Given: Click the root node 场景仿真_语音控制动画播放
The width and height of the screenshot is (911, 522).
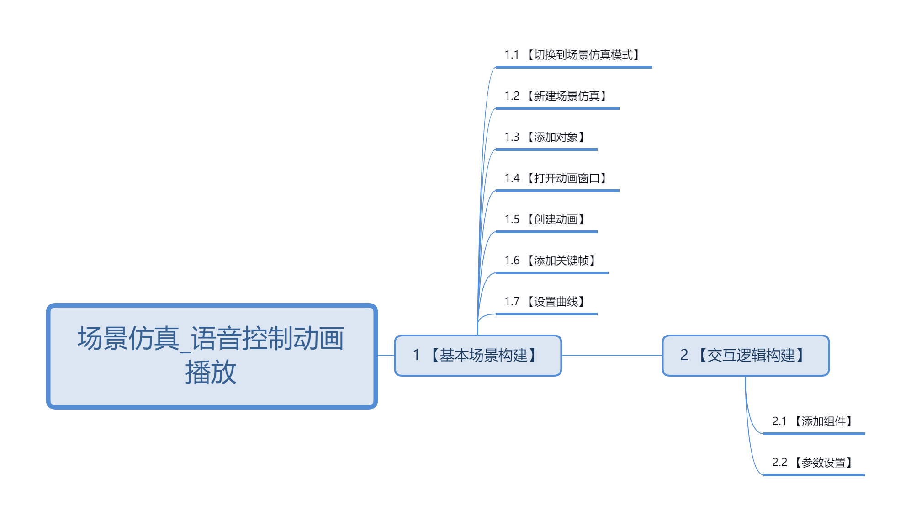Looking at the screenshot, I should pos(212,356).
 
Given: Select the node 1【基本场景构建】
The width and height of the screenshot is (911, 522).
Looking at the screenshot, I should pos(477,356).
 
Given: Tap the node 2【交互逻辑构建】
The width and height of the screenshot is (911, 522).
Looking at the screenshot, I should pos(745,356).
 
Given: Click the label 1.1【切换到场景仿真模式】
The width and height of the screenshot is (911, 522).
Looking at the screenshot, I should pos(573,55).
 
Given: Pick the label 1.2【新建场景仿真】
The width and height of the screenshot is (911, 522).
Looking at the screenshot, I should pos(556,96).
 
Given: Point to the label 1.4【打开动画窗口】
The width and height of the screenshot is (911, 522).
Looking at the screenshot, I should pos(556,178).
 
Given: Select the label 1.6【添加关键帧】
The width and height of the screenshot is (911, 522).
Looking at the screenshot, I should pos(551,261).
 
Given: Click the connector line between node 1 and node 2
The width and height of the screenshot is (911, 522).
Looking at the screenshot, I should pos(612,355).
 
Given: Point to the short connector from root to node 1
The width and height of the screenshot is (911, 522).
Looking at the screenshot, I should pos(386,355).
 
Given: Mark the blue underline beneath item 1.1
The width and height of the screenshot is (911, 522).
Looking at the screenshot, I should pos(573,67).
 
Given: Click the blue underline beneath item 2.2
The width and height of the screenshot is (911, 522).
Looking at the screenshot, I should pos(814,475).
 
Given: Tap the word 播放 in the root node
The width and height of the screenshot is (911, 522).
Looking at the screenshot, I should pos(211,372).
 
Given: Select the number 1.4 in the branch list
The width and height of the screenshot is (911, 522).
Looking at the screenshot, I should pos(512,178).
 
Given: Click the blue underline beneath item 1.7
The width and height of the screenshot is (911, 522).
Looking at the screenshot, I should pos(546,314).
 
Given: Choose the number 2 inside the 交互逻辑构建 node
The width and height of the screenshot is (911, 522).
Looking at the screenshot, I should pos(684,355).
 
